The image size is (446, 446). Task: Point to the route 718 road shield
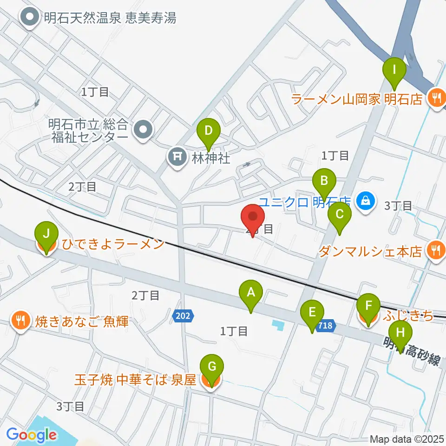pyautogui.click(x=326, y=326)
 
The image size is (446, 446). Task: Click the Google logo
pyautogui.click(x=32, y=435)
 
